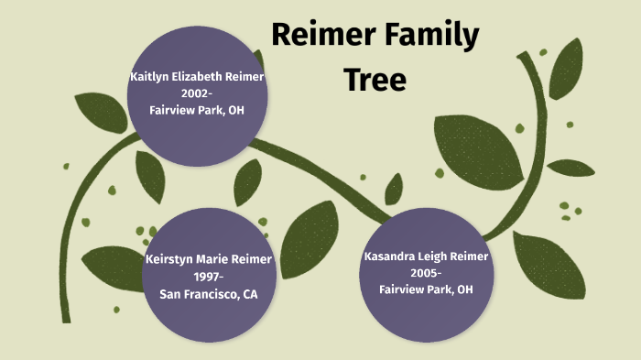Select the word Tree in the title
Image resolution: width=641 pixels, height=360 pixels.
pos(375,80)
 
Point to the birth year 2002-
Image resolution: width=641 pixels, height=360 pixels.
pos(197,94)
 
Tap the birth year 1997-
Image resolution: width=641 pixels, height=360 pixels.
pos(209,277)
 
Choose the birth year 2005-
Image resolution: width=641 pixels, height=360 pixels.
pos(426,273)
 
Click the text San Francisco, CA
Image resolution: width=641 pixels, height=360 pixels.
pos(209,293)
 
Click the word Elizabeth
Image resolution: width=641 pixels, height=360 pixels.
pos(203,78)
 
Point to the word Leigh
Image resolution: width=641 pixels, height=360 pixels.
pos(438,256)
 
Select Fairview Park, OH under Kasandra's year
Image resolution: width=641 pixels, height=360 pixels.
pos(426,289)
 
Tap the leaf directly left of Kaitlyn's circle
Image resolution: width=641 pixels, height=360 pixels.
pos(101,111)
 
